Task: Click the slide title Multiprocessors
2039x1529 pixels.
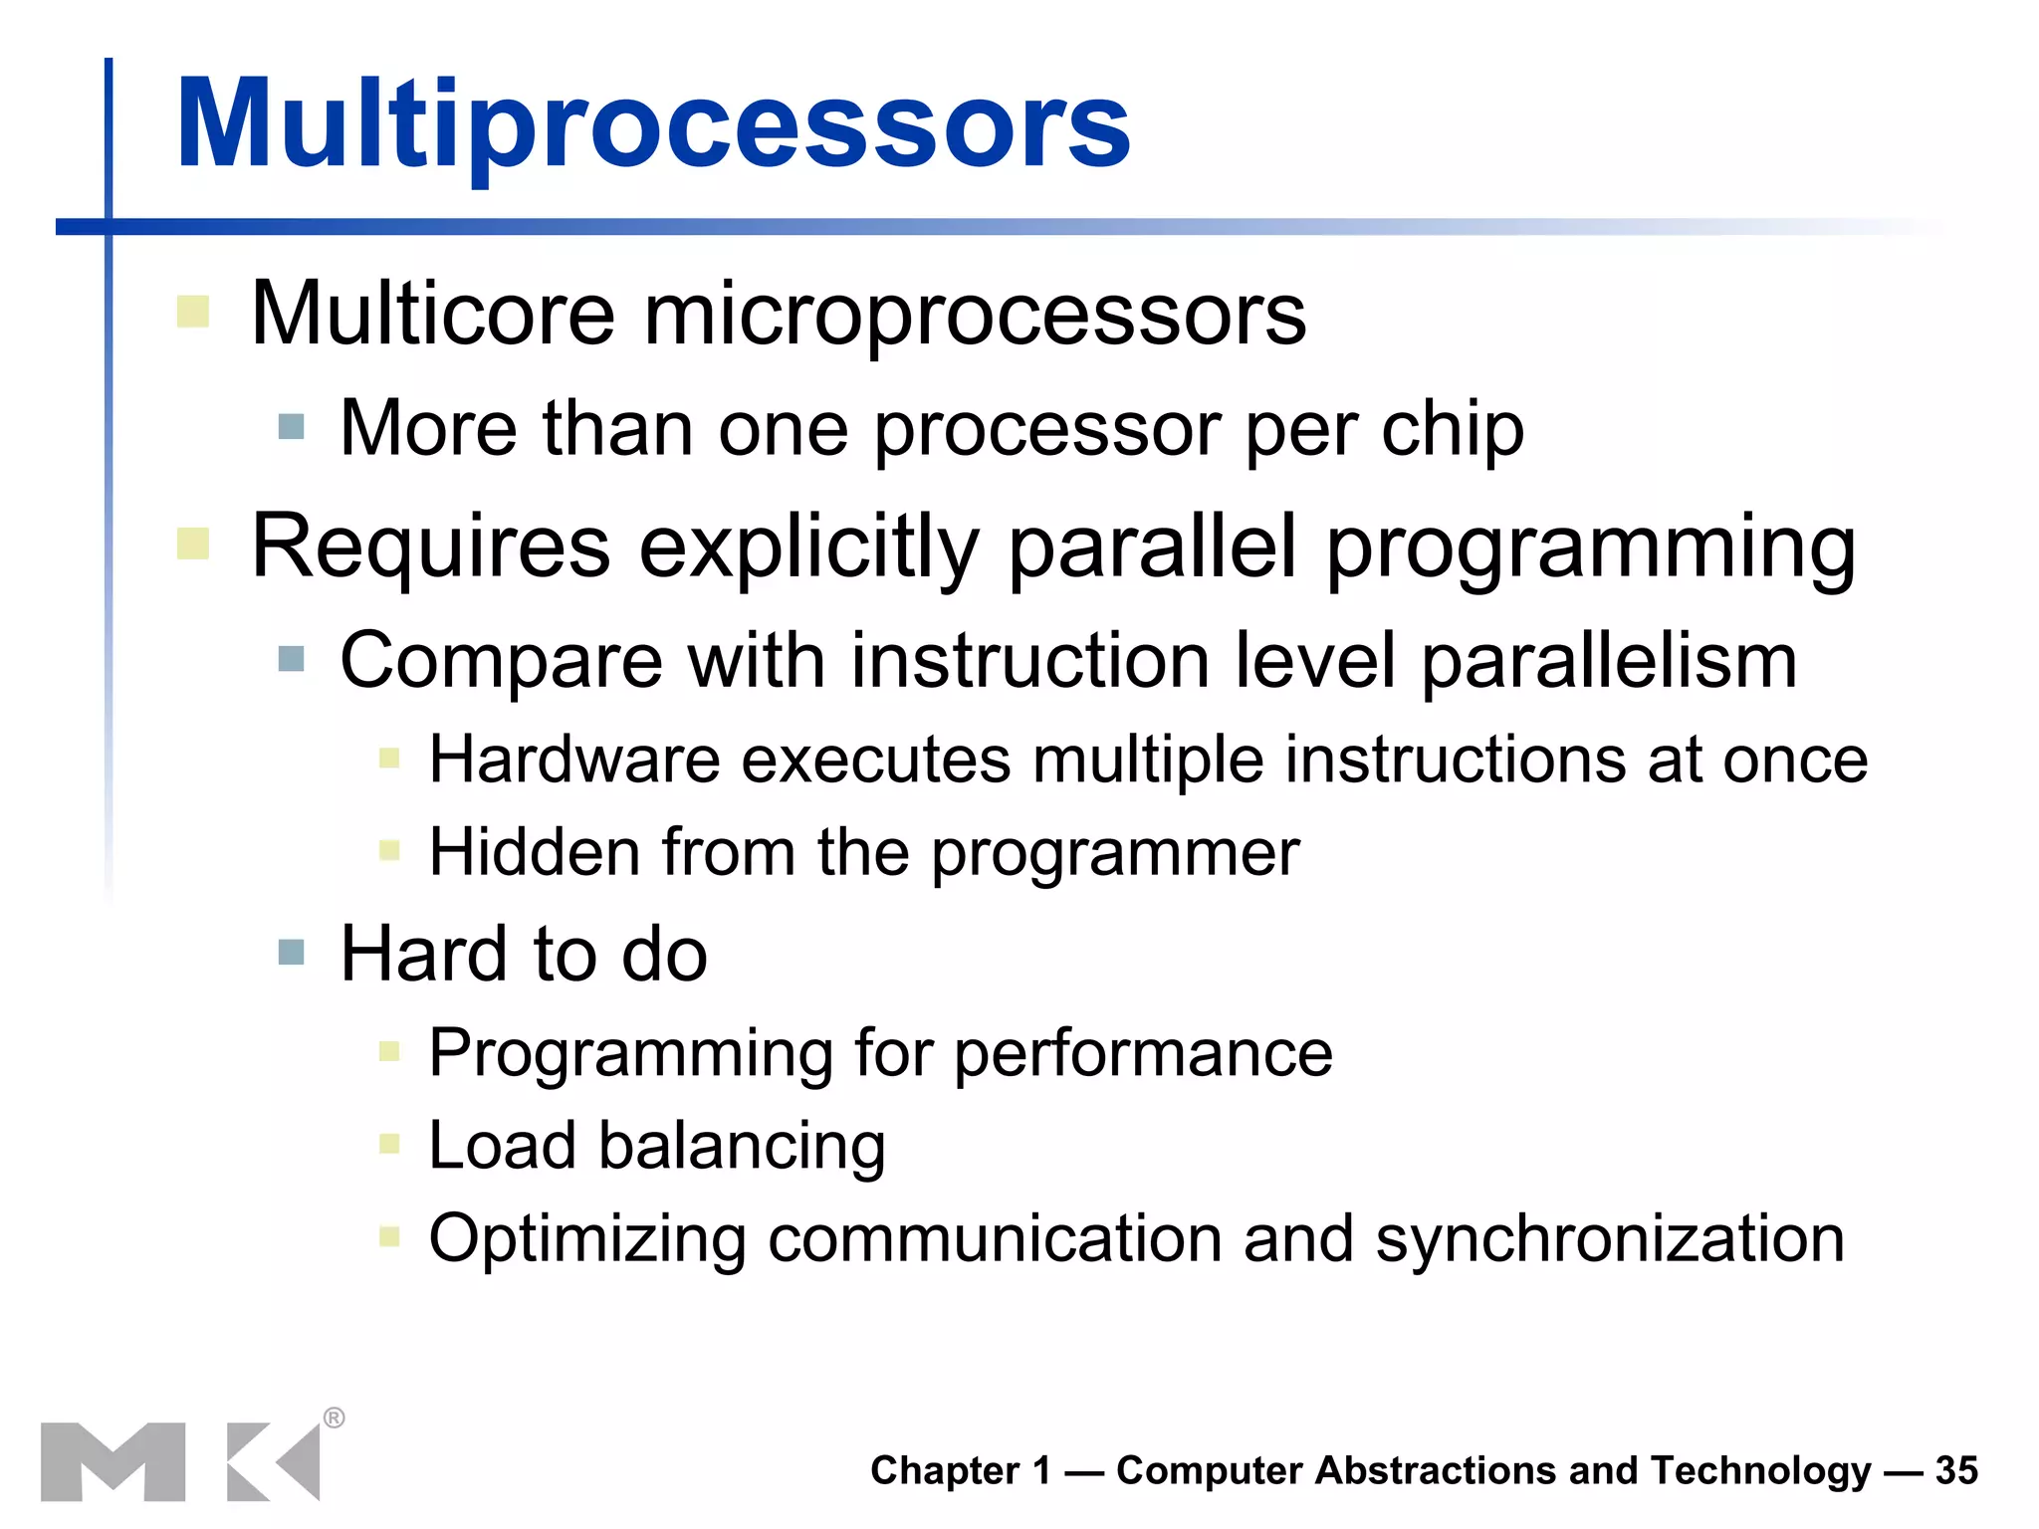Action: (653, 124)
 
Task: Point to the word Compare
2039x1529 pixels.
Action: (501, 661)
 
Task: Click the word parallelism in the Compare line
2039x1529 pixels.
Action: (1609, 661)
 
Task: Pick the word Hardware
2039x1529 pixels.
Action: (574, 760)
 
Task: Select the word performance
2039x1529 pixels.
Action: (1143, 1053)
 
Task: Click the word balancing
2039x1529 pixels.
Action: (741, 1146)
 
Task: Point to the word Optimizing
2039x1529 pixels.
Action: (587, 1239)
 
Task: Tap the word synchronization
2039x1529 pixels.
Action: (1609, 1239)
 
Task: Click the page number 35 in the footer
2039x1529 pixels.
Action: (1955, 1470)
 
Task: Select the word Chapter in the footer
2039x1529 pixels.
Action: (945, 1470)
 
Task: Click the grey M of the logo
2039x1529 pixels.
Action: (113, 1461)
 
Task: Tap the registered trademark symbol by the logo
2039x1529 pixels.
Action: (335, 1418)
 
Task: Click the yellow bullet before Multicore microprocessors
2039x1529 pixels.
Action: (193, 312)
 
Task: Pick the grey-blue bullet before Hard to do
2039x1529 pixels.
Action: (292, 952)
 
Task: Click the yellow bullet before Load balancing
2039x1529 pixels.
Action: (389, 1145)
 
